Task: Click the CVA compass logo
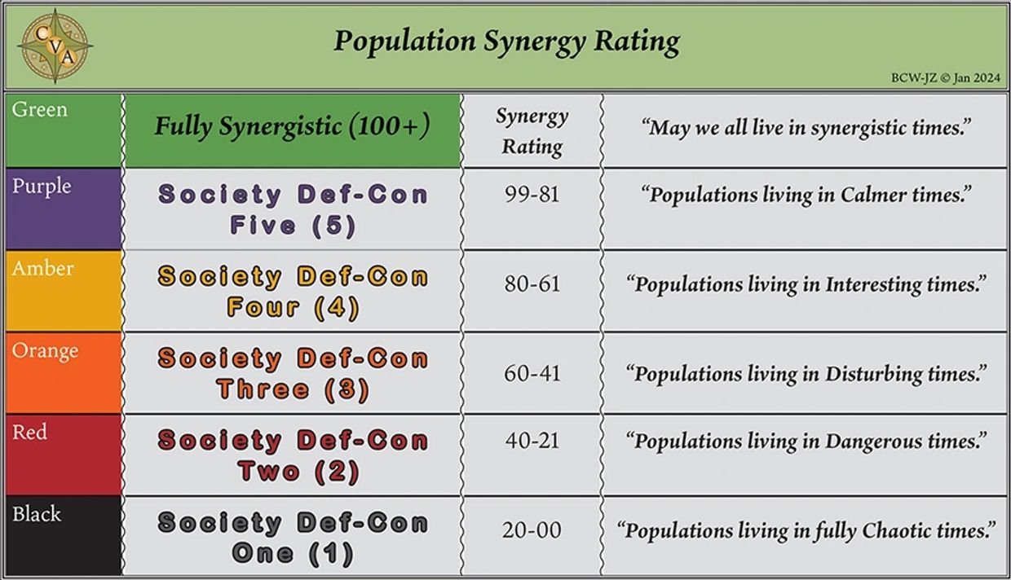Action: (x=55, y=46)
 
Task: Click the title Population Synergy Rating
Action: (x=505, y=41)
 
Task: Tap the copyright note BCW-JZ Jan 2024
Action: (x=946, y=78)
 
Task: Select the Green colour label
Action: (x=40, y=110)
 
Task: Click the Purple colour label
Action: (x=42, y=187)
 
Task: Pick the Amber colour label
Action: (x=42, y=269)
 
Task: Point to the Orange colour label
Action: (x=45, y=351)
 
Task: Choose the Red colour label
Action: (x=29, y=433)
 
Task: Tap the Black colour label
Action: (x=37, y=514)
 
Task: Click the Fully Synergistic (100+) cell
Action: (x=292, y=127)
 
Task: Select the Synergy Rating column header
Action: (x=532, y=131)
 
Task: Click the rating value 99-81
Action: (x=532, y=196)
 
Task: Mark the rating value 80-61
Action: (x=532, y=285)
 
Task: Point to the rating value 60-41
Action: (x=532, y=374)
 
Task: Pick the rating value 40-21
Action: (x=532, y=441)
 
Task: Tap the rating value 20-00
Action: (x=532, y=530)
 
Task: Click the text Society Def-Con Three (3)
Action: (x=292, y=374)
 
